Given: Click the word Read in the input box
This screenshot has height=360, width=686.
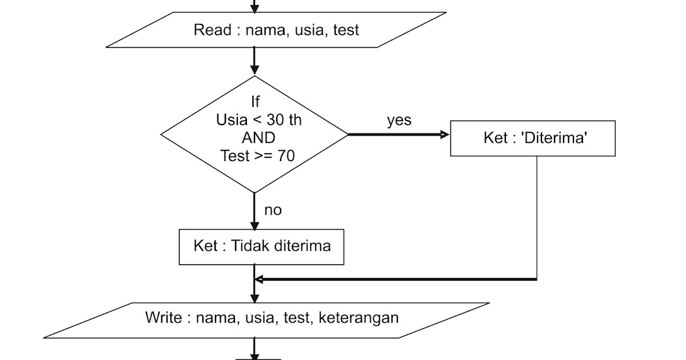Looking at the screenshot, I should pos(212,30).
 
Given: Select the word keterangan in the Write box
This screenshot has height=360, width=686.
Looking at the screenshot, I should pos(358,318).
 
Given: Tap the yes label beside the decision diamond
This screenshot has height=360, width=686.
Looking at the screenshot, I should pos(398,121).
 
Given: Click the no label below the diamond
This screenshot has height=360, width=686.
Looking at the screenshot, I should pos(273,210).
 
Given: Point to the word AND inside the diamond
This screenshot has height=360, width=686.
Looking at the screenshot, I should pos(258,138).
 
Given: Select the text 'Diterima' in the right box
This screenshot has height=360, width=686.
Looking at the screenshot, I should pos(554,138).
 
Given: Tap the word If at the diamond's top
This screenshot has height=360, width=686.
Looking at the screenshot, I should pos(255,102).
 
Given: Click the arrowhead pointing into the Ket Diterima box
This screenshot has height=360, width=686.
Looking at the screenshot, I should pos(445,134).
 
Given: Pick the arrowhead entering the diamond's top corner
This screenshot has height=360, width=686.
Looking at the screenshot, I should pos(254,71).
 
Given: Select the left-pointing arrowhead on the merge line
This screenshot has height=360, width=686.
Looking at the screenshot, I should pos(259,279).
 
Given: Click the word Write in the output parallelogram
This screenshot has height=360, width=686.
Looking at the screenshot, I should pos(163,318).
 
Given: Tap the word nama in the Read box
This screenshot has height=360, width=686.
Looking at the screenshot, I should pos(265,30).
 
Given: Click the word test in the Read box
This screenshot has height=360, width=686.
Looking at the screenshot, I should pos(345,30).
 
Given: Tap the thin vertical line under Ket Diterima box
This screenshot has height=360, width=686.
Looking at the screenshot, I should pos(537,217).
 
